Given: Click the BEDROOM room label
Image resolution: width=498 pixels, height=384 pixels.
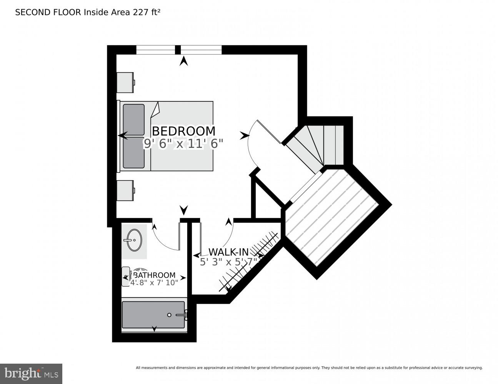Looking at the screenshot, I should [183, 131].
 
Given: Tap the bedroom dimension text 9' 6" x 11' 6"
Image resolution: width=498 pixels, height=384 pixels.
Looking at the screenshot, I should [183, 144].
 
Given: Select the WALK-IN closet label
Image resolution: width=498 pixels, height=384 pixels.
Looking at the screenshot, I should [228, 252].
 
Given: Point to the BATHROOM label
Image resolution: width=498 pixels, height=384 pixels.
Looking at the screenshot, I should [154, 275].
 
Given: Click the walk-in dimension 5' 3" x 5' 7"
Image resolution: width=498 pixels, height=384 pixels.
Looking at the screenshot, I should [228, 262].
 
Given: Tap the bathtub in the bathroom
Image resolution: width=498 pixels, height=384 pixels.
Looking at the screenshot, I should [153, 314].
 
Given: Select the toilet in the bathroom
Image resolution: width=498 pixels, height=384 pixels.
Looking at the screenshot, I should [126, 276].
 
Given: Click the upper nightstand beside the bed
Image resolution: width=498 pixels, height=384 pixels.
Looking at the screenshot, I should [125, 82].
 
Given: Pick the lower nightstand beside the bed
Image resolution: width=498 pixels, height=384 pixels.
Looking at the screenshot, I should [125, 190].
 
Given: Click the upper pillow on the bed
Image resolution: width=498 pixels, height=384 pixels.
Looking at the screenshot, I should [133, 119].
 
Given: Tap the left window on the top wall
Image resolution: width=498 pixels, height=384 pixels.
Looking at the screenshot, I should [156, 50].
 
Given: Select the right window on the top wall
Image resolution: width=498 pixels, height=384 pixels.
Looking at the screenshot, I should [201, 50].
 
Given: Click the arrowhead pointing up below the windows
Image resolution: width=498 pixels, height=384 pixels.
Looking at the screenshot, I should [184, 61].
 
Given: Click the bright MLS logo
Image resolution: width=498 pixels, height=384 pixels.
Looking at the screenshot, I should [31, 374].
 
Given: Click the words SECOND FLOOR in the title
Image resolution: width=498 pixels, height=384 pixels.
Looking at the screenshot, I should [48, 12].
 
